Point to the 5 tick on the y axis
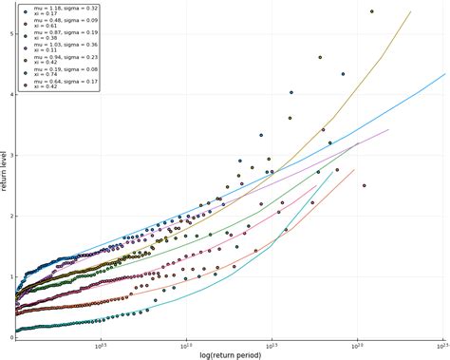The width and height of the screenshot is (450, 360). [x=11, y=33]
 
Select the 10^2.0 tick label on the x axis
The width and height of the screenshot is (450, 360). [x=357, y=346]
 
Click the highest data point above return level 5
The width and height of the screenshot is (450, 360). [x=371, y=11]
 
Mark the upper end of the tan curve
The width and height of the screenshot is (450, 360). [x=410, y=12]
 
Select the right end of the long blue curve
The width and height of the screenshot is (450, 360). [x=444, y=74]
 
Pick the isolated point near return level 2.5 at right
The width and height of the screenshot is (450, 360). [x=364, y=185]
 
